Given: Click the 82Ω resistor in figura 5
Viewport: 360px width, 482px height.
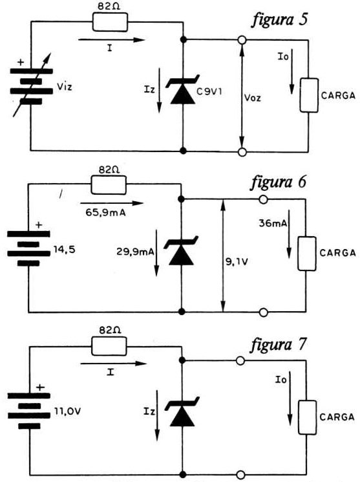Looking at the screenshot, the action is click(110, 22).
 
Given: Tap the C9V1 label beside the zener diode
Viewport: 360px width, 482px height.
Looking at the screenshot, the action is click(209, 92).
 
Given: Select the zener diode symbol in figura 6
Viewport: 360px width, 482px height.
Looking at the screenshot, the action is click(181, 250).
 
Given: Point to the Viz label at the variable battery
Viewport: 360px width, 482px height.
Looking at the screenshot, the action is click(65, 87).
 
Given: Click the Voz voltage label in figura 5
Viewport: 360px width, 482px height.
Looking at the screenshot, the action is click(253, 98).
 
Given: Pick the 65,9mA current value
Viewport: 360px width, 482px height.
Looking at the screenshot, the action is click(105, 212).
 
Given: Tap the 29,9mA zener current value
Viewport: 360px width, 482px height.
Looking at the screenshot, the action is click(135, 252).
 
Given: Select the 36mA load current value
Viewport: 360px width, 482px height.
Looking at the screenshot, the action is click(273, 223).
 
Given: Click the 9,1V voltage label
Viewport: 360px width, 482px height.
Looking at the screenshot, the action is click(237, 262).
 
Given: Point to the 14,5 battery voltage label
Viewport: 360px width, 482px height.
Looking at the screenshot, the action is click(64, 250).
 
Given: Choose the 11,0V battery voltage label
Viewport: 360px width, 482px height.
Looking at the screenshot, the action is click(68, 411).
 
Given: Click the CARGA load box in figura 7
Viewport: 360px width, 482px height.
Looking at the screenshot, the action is click(307, 417).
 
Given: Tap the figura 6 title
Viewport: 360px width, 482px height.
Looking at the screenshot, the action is click(279, 182).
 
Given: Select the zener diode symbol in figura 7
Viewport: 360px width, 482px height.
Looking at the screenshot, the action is click(182, 411).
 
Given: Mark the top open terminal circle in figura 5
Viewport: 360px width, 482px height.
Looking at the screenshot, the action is click(242, 40).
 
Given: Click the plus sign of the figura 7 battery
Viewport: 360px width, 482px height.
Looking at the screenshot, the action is click(40, 388).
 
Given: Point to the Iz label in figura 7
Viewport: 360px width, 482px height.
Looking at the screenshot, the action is click(149, 411).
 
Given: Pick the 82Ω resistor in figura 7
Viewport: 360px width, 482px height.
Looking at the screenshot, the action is click(109, 346).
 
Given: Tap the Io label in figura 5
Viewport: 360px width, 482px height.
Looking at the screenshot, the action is click(283, 56).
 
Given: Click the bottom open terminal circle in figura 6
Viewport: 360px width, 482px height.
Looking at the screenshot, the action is click(263, 312).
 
